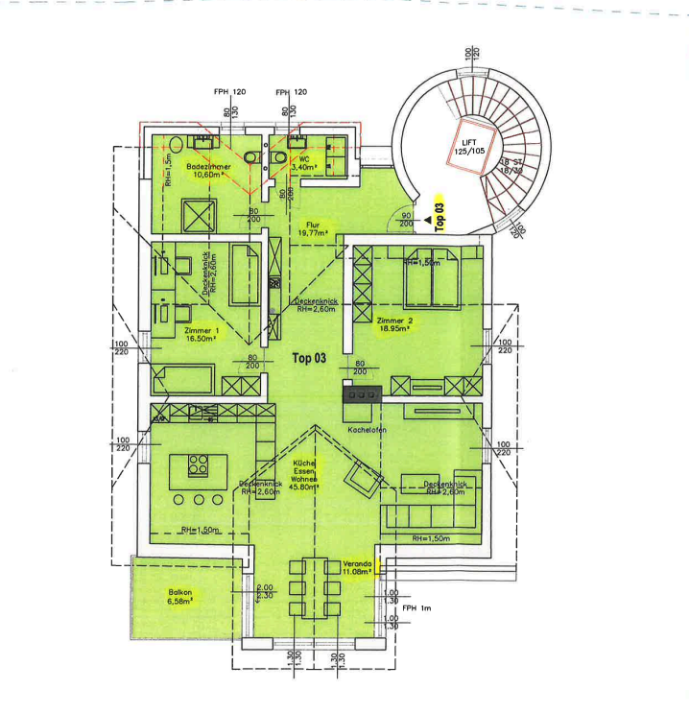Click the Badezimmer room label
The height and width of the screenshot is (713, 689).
coord(207,171)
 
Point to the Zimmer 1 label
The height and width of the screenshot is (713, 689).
coord(202,332)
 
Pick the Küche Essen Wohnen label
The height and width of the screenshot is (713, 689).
coord(305,473)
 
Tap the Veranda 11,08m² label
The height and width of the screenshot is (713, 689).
coord(357,569)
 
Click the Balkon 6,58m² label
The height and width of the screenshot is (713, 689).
coord(180,597)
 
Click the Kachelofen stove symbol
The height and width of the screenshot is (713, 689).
coord(363,393)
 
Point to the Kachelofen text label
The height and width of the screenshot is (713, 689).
coord(368,430)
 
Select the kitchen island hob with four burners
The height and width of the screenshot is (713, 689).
coord(199,464)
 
